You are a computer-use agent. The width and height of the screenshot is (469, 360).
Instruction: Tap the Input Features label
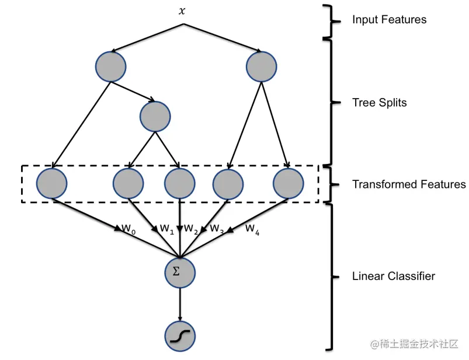coord(389,20)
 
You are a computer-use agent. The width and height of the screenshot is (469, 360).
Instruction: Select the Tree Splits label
coord(379,103)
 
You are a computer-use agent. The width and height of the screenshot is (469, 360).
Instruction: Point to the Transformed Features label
coord(409,184)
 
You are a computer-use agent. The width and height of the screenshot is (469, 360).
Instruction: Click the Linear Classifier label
coord(393,276)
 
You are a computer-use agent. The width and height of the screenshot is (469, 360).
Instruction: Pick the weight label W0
coord(128,229)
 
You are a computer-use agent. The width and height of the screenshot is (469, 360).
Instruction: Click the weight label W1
coord(167,229)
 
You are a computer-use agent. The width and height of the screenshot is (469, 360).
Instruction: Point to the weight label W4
coord(252,228)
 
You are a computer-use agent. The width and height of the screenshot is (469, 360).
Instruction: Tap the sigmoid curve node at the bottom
coord(179,336)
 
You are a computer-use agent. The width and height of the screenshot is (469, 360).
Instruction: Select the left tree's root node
coord(110,66)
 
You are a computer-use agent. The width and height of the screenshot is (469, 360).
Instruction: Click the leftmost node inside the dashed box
coord(52,183)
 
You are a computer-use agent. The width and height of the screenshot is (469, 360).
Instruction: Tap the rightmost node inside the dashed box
coord(289,183)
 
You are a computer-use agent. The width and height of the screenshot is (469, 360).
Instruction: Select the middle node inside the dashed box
coord(179,183)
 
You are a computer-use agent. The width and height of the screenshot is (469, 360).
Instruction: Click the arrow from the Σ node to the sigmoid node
coord(179,304)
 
